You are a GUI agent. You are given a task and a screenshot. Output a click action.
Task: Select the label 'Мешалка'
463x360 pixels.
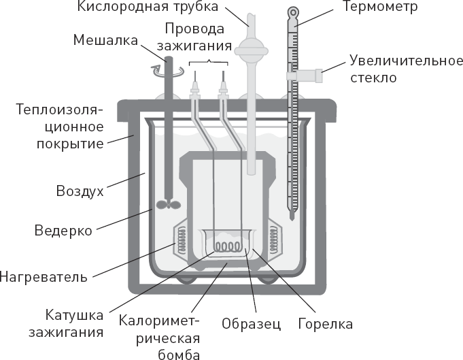pos(106,40)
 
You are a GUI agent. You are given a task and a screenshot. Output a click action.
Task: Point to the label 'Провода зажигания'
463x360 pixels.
pos(193,37)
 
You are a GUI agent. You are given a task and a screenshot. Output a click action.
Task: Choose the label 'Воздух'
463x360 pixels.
pos(80,191)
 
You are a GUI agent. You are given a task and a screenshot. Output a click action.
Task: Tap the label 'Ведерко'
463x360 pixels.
pos(63,230)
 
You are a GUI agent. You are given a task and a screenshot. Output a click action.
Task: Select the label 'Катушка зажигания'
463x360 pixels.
pos(75,324)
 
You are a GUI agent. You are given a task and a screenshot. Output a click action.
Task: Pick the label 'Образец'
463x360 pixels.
pos(251,323)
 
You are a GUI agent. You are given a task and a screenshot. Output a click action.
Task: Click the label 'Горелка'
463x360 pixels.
pos(325,323)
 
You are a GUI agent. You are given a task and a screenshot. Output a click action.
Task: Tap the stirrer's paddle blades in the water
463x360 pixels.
pos(167,205)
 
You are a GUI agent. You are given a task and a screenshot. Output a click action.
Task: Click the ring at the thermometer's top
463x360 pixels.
pos(293,12)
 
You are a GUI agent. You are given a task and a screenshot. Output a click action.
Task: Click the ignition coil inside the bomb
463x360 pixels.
pos(226,245)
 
